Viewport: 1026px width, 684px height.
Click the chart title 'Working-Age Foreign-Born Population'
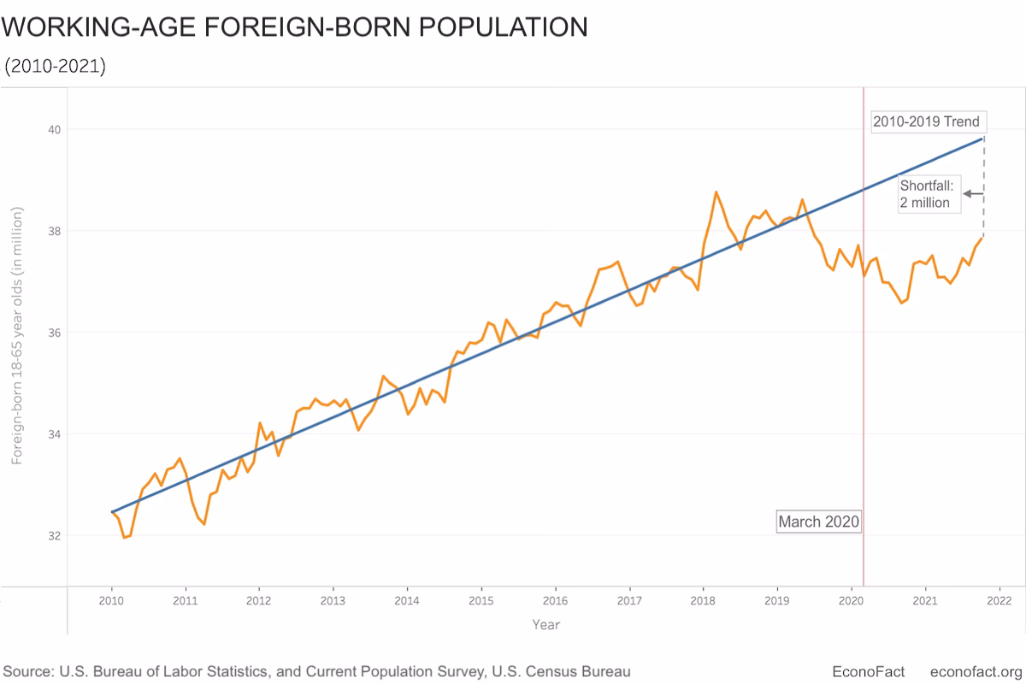pyautogui.click(x=295, y=27)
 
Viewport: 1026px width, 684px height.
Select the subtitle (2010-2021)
pyautogui.click(x=56, y=66)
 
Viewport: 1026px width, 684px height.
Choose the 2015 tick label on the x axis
pyautogui.click(x=481, y=601)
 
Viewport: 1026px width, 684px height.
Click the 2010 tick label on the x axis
pyautogui.click(x=112, y=601)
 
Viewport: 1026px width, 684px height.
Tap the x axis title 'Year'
pyautogui.click(x=545, y=625)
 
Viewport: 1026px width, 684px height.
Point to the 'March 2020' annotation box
pyautogui.click(x=818, y=522)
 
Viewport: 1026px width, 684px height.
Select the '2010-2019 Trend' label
pyautogui.click(x=925, y=121)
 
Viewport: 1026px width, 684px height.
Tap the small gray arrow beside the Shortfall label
pyautogui.click(x=972, y=194)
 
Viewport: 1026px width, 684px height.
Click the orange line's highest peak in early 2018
pyautogui.click(x=716, y=192)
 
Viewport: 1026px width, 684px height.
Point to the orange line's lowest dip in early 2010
pyautogui.click(x=125, y=537)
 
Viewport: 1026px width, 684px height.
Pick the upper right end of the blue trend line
pyautogui.click(x=982, y=138)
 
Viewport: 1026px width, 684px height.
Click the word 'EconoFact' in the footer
pyautogui.click(x=868, y=671)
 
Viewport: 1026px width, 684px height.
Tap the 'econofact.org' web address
pyautogui.click(x=976, y=671)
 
